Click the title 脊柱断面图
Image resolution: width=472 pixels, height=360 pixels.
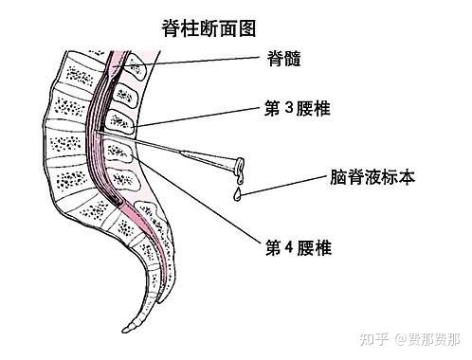pyautogui.click(x=210, y=29)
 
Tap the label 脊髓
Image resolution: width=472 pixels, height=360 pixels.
pyautogui.click(x=284, y=59)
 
